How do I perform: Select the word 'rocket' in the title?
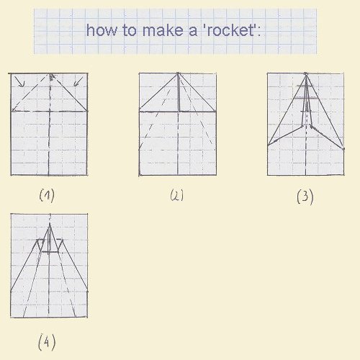click(x=229, y=30)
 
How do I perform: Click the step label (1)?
click(x=47, y=196)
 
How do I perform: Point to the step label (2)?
click(x=177, y=195)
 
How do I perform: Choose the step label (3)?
click(x=305, y=197)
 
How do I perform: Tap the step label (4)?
click(x=47, y=342)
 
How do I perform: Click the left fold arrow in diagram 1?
click(x=19, y=81)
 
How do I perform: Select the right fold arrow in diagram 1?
click(x=78, y=81)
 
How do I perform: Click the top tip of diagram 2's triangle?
click(x=178, y=73)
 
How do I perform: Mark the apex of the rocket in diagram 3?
click(x=306, y=74)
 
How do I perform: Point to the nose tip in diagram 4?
click(x=50, y=224)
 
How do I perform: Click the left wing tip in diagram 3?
click(x=268, y=145)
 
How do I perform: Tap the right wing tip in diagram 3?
click(x=343, y=149)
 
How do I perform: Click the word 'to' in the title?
click(x=130, y=31)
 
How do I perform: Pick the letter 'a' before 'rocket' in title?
click(x=193, y=32)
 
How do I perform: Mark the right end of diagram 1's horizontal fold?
click(x=87, y=111)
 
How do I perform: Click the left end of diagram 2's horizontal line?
click(x=140, y=112)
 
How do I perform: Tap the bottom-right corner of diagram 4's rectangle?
click(x=87, y=317)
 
